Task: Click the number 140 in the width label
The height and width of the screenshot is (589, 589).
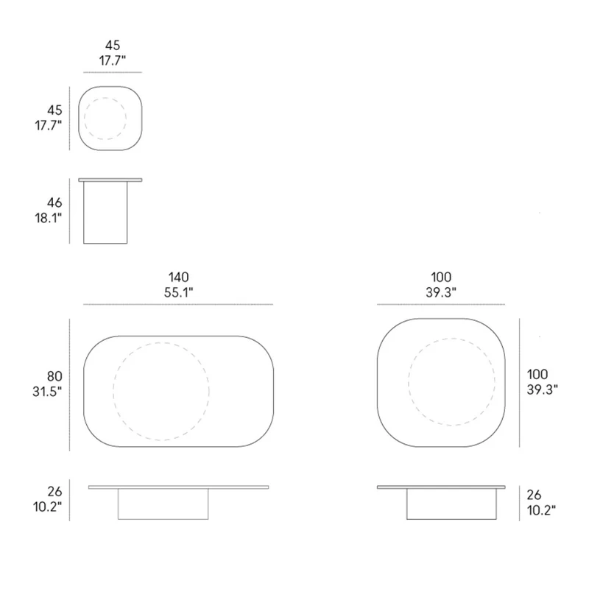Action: pos(178,278)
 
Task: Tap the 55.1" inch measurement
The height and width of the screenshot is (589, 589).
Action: pos(178,292)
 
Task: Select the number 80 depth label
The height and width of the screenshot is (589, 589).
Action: pos(54,376)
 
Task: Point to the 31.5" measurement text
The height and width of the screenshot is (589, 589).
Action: pos(47,392)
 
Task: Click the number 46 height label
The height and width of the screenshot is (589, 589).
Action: pos(54,203)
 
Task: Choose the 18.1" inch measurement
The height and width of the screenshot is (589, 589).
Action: pos(49,218)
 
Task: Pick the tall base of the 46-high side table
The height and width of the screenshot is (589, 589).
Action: pos(105,213)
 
